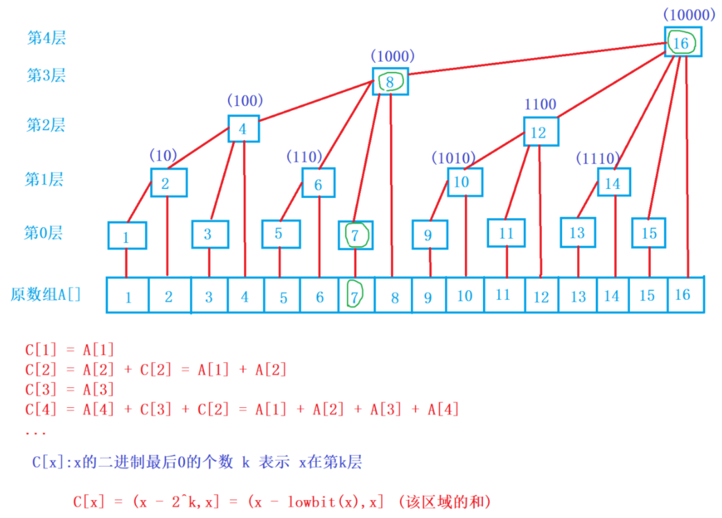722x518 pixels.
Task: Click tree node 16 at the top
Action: point(683,43)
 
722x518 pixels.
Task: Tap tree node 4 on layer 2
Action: point(243,129)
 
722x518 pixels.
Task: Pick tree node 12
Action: point(540,132)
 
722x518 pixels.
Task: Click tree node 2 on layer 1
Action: point(166,184)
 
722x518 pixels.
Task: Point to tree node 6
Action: point(318,184)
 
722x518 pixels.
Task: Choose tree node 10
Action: point(464,182)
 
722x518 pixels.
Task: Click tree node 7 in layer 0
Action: point(355,235)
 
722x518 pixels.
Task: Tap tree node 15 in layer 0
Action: point(649,233)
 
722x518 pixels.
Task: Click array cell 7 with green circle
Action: point(355,296)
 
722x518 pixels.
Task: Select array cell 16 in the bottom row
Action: point(685,295)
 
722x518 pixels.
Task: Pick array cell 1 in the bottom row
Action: point(128,297)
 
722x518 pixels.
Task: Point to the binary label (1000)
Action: point(392,56)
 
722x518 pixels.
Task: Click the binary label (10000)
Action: point(689,14)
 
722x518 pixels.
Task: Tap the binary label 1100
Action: point(540,105)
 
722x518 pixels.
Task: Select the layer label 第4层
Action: point(46,39)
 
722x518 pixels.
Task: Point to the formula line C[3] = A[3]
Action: point(69,390)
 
